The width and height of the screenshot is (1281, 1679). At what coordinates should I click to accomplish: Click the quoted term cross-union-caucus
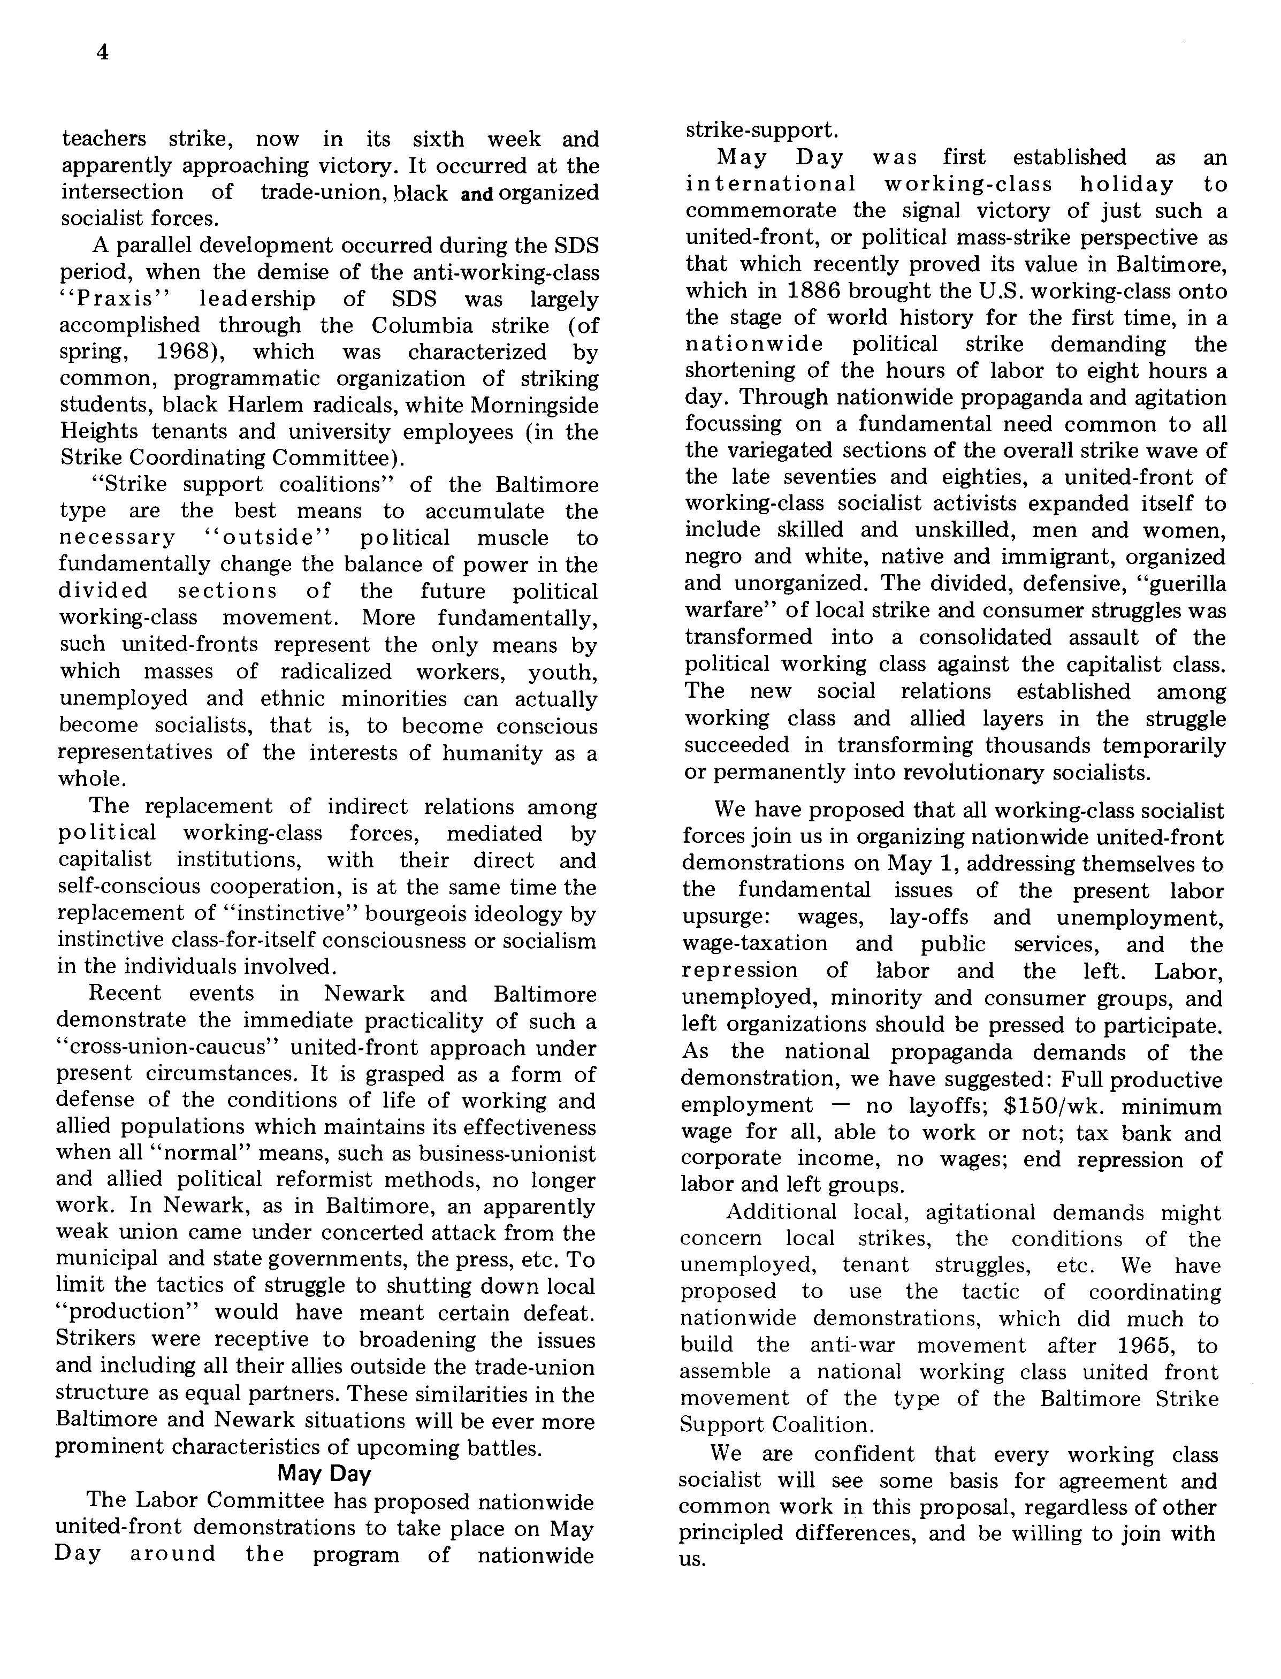tap(163, 1048)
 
